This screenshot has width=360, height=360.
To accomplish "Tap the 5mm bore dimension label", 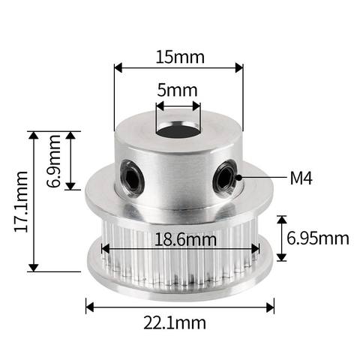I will pyautogui.click(x=178, y=91).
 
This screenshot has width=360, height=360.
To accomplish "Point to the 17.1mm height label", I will pyautogui.click(x=22, y=200).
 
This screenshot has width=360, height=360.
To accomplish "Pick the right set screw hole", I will pyautogui.click(x=225, y=177).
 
